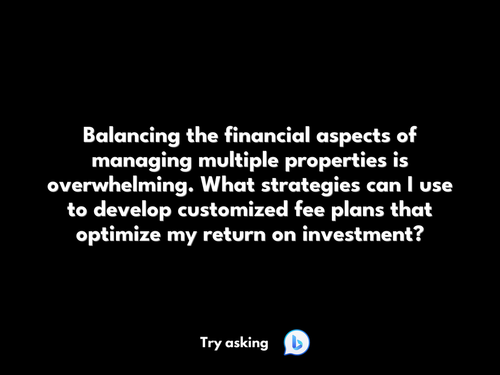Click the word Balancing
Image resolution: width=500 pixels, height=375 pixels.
point(131,136)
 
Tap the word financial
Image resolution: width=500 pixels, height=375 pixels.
point(267,135)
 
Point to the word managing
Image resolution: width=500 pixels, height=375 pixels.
point(142,161)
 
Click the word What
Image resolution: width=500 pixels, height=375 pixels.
point(228,185)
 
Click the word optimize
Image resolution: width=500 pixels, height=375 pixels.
point(118,235)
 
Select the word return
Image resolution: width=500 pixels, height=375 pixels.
point(234,236)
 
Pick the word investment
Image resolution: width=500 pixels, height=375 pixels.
point(358,235)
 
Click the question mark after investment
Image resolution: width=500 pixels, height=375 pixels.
point(419,234)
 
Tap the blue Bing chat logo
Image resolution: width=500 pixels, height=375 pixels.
point(297,343)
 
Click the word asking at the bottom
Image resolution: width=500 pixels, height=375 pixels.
point(246,344)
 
